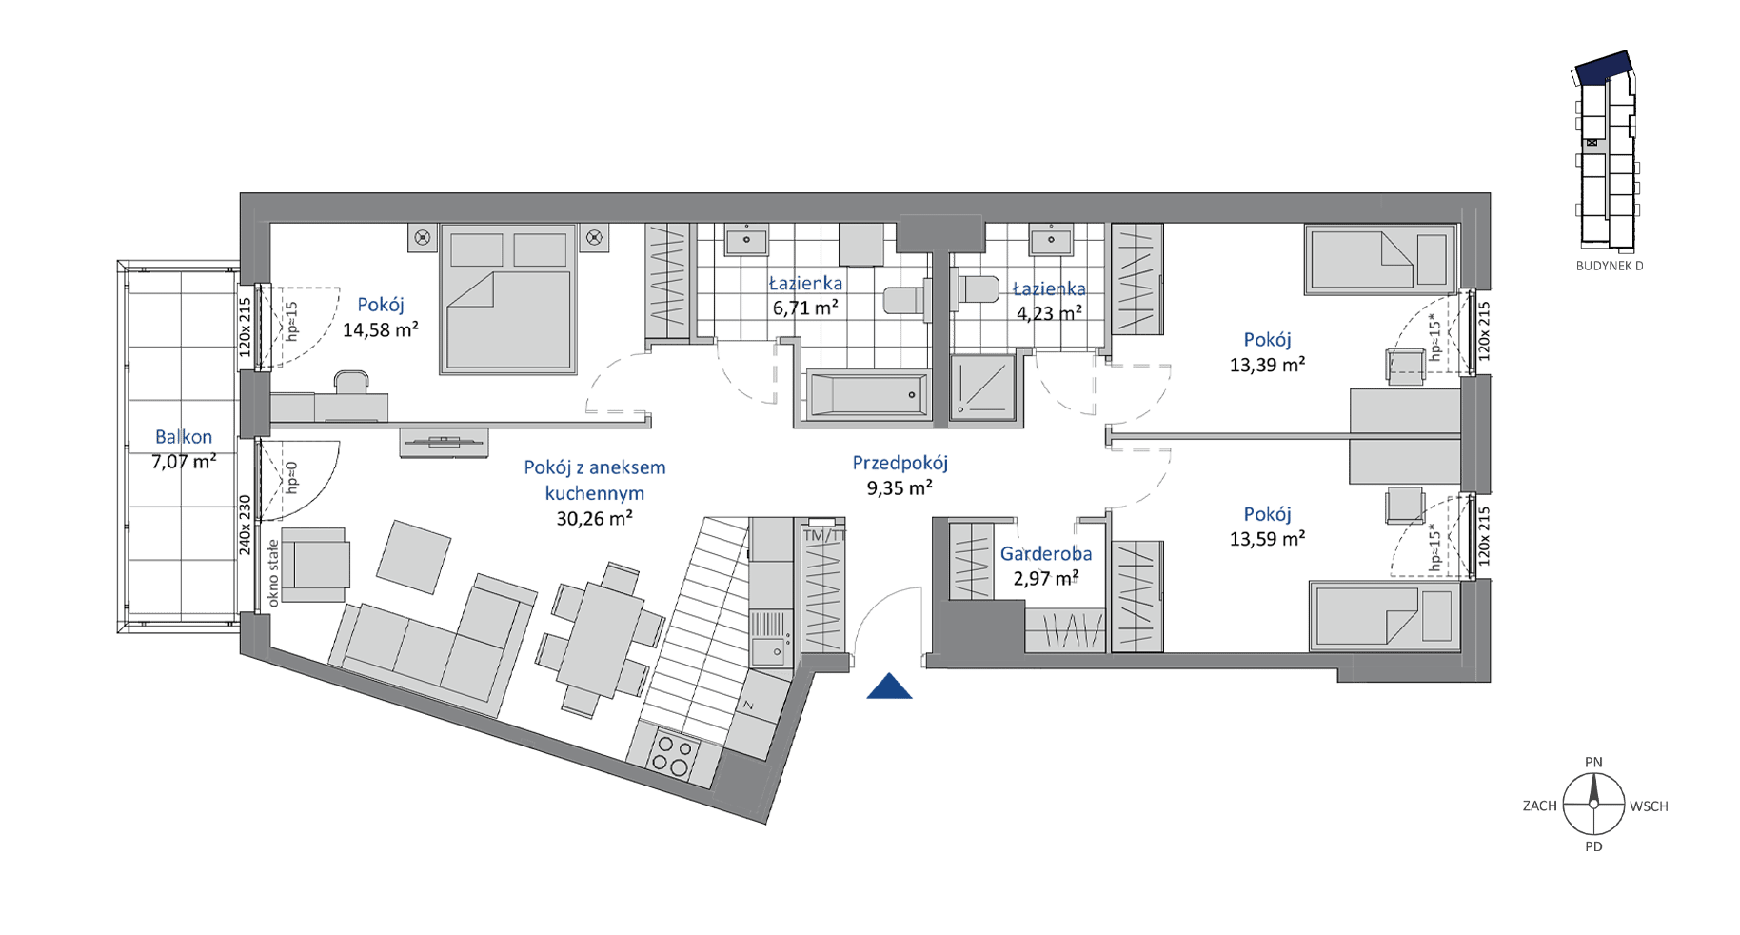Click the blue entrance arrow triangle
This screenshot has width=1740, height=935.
[889, 686]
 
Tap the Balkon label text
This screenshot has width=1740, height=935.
[184, 437]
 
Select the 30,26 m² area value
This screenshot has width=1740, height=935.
[595, 519]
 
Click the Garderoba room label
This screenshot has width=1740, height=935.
[1046, 553]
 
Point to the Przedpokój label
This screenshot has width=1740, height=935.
[900, 464]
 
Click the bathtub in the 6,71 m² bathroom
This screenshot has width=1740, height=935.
[866, 393]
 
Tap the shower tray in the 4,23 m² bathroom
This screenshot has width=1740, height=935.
[982, 388]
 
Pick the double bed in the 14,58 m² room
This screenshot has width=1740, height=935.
[509, 298]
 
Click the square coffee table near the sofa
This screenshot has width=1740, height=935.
[413, 558]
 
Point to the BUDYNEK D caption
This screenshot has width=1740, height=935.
[1610, 266]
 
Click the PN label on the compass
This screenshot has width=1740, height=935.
[1593, 762]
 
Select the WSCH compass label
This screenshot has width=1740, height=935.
[1650, 806]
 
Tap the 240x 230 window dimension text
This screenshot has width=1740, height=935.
[245, 525]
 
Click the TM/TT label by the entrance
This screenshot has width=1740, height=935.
[824, 536]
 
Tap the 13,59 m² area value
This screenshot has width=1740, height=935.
[1267, 538]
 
